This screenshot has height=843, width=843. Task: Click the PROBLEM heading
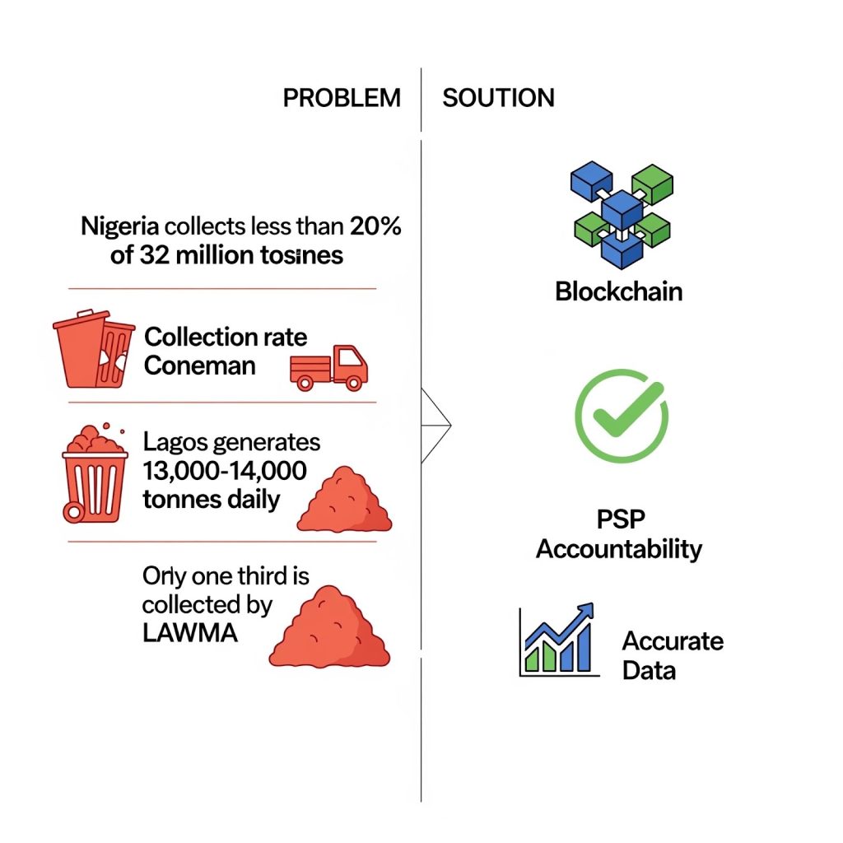(342, 97)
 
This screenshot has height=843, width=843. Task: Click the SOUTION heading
(498, 97)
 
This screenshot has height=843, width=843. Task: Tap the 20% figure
(375, 226)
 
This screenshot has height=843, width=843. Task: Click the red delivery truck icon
(329, 367)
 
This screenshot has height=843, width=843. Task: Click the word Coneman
(199, 365)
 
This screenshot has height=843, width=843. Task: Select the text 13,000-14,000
(225, 470)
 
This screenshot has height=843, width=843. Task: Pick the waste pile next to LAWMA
(330, 630)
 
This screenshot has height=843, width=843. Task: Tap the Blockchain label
(618, 291)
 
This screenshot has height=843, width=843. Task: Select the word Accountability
(618, 549)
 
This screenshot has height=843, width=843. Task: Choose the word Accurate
(672, 640)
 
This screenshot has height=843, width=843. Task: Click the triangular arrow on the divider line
(437, 425)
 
